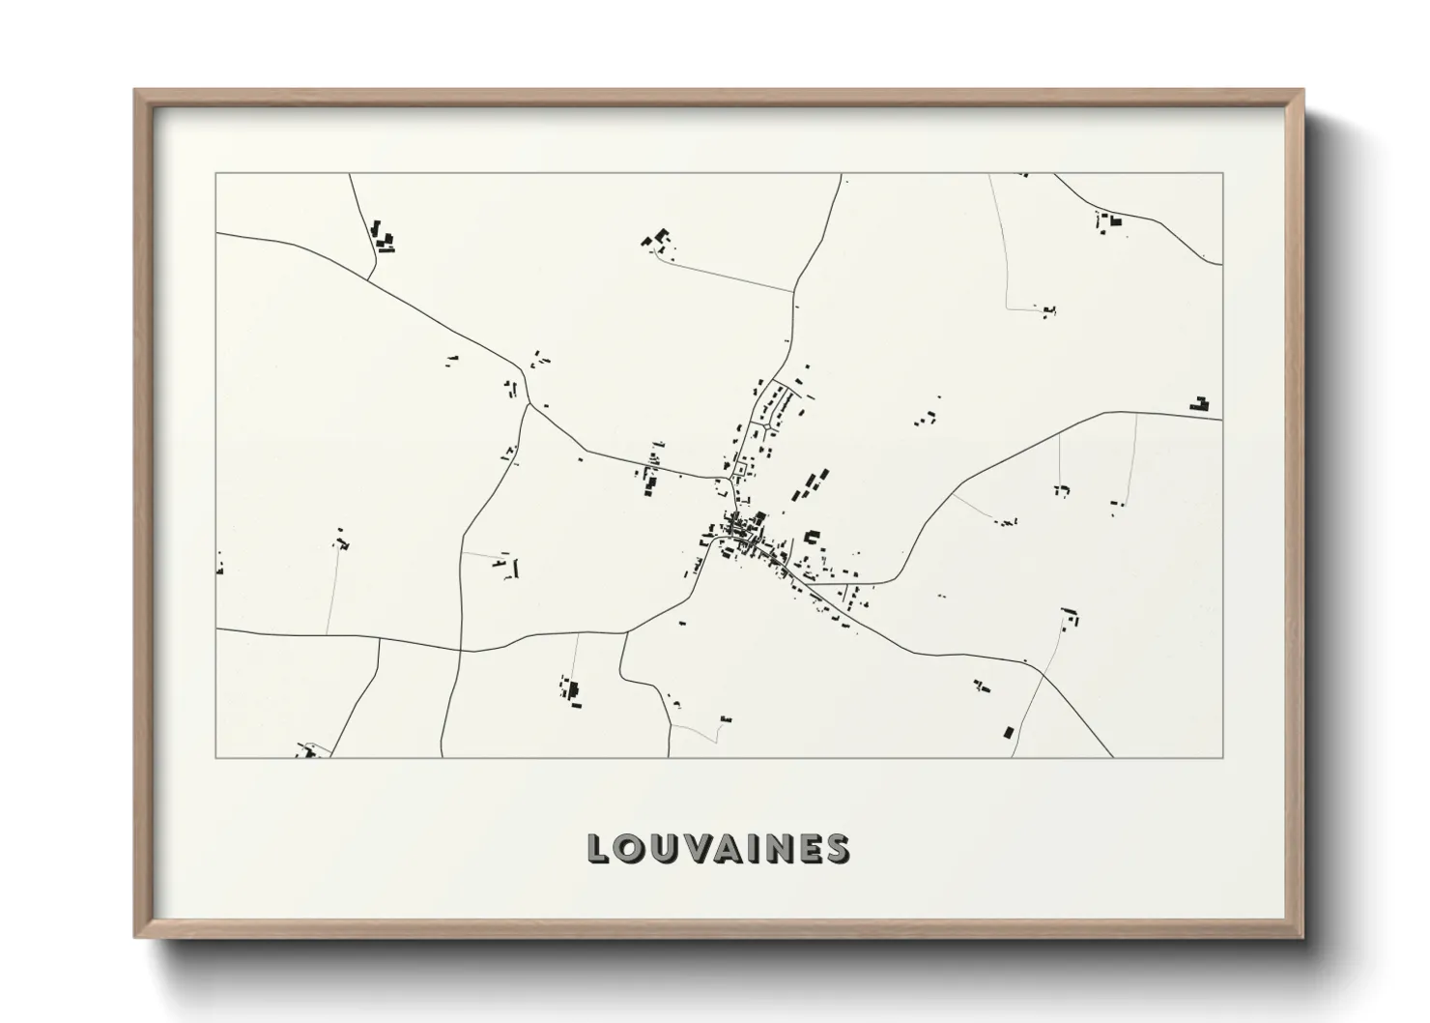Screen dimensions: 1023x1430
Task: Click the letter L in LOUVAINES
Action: pyautogui.click(x=596, y=848)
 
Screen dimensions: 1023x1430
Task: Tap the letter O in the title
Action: pyautogui.click(x=627, y=848)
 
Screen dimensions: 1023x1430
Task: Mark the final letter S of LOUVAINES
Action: pyautogui.click(x=838, y=848)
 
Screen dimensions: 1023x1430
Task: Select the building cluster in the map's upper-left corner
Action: pyautogui.click(x=383, y=237)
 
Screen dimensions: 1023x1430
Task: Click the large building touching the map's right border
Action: pyautogui.click(x=1200, y=405)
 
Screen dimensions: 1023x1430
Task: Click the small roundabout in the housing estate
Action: pyautogui.click(x=768, y=424)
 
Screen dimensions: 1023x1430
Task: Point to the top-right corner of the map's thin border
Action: pyautogui.click(x=1222, y=173)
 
